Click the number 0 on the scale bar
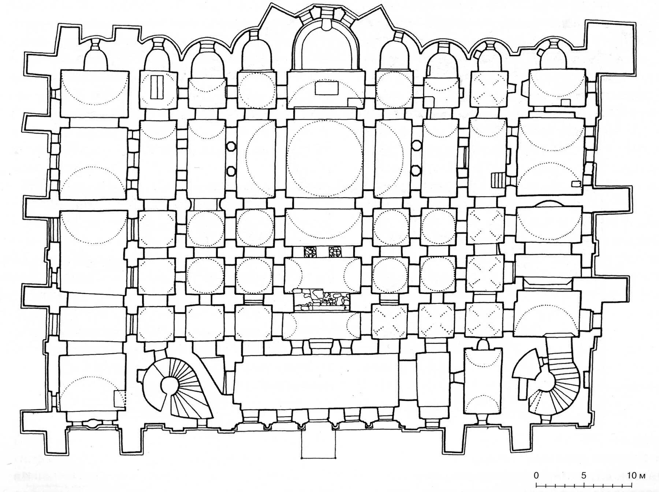tap(536, 476)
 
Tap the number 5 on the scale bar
tap(583, 476)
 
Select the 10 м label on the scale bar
tap(636, 476)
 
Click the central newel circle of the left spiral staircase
tap(169, 384)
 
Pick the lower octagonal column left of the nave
tap(231, 171)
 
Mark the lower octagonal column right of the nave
tap(416, 170)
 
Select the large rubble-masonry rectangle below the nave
tap(322, 299)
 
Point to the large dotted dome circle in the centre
tap(324, 158)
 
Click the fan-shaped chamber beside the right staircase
tap(525, 366)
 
